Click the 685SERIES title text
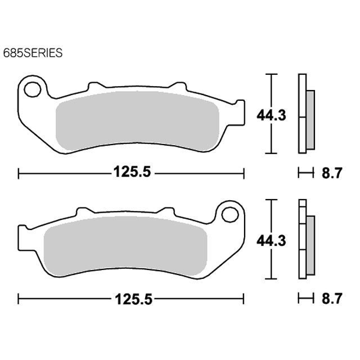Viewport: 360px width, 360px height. click(33, 53)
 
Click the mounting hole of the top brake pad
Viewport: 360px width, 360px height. click(33, 89)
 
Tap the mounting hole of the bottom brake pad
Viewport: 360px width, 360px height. click(230, 214)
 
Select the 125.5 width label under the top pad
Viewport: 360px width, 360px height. click(132, 172)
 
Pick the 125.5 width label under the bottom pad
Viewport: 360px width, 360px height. click(133, 299)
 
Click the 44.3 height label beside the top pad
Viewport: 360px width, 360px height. click(271, 115)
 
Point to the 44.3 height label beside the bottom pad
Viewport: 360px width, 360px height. click(271, 241)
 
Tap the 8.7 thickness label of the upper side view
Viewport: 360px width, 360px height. click(332, 173)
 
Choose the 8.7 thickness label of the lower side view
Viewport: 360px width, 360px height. click(332, 299)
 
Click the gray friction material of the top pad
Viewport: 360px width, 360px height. click(137, 120)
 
